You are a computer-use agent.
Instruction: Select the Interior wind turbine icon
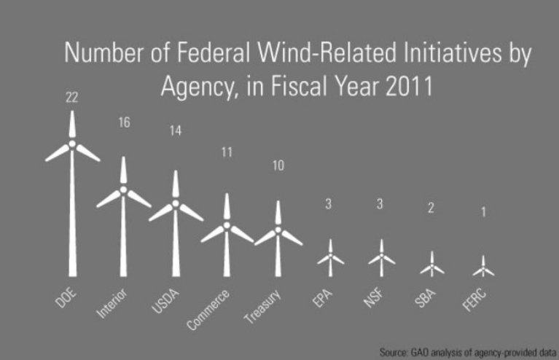click(x=123, y=219)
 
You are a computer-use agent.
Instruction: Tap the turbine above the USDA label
click(x=175, y=226)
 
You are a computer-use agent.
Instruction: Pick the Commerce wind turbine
click(x=227, y=237)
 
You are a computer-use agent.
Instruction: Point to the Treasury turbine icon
click(x=278, y=240)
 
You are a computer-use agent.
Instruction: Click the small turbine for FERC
click(x=483, y=267)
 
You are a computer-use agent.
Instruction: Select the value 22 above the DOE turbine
click(x=71, y=97)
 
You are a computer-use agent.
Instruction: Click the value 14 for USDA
click(x=175, y=132)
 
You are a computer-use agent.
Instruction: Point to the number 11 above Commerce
click(x=227, y=153)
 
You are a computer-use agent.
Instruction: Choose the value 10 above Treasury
click(x=278, y=165)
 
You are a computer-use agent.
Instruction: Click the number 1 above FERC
click(x=483, y=213)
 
